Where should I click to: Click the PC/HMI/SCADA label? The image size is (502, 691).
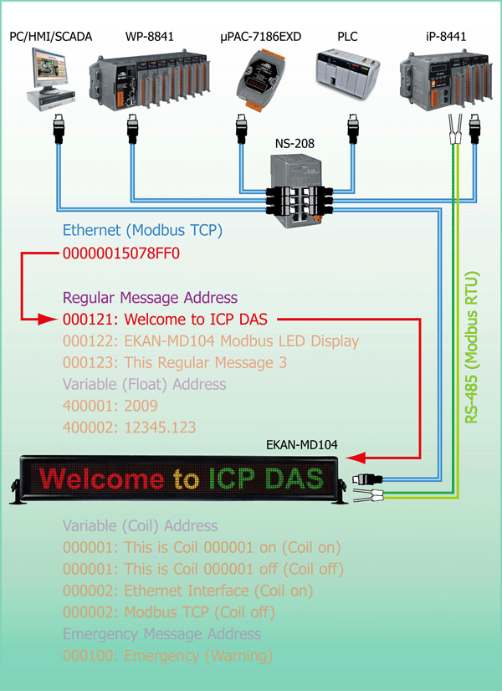tap(51, 36)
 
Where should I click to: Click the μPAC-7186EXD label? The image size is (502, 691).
tap(261, 36)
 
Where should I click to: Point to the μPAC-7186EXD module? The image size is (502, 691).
tap(259, 79)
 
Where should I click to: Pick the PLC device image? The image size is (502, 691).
tap(348, 74)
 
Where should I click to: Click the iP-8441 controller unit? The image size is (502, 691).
tap(445, 79)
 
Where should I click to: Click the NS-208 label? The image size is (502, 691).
tap(295, 144)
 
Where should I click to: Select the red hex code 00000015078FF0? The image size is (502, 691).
tap(121, 253)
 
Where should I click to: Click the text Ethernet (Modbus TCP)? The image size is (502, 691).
tap(142, 230)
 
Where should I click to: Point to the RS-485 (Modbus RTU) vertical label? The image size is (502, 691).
tap(472, 348)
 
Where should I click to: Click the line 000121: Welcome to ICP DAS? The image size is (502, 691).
tap(166, 319)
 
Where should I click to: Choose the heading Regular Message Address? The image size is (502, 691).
tap(151, 298)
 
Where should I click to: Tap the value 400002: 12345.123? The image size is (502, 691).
tap(129, 427)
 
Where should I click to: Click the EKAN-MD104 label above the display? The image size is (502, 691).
tap(302, 444)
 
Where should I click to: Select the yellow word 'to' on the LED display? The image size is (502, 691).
tap(186, 479)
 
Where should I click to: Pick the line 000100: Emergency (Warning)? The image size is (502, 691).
tap(167, 656)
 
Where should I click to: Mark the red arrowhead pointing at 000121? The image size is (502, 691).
tap(48, 319)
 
